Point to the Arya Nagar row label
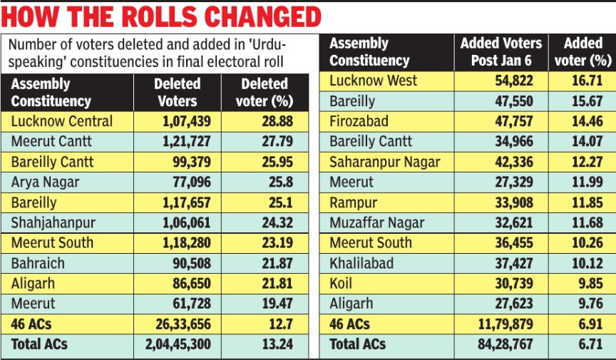click(x=45, y=182)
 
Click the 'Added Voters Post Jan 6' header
click(x=500, y=52)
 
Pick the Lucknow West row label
click(x=373, y=81)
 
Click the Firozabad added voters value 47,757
click(x=509, y=122)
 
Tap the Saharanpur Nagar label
click(x=385, y=162)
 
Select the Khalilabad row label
click(x=361, y=264)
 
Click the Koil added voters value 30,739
click(x=509, y=284)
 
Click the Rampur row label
click(x=354, y=202)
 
